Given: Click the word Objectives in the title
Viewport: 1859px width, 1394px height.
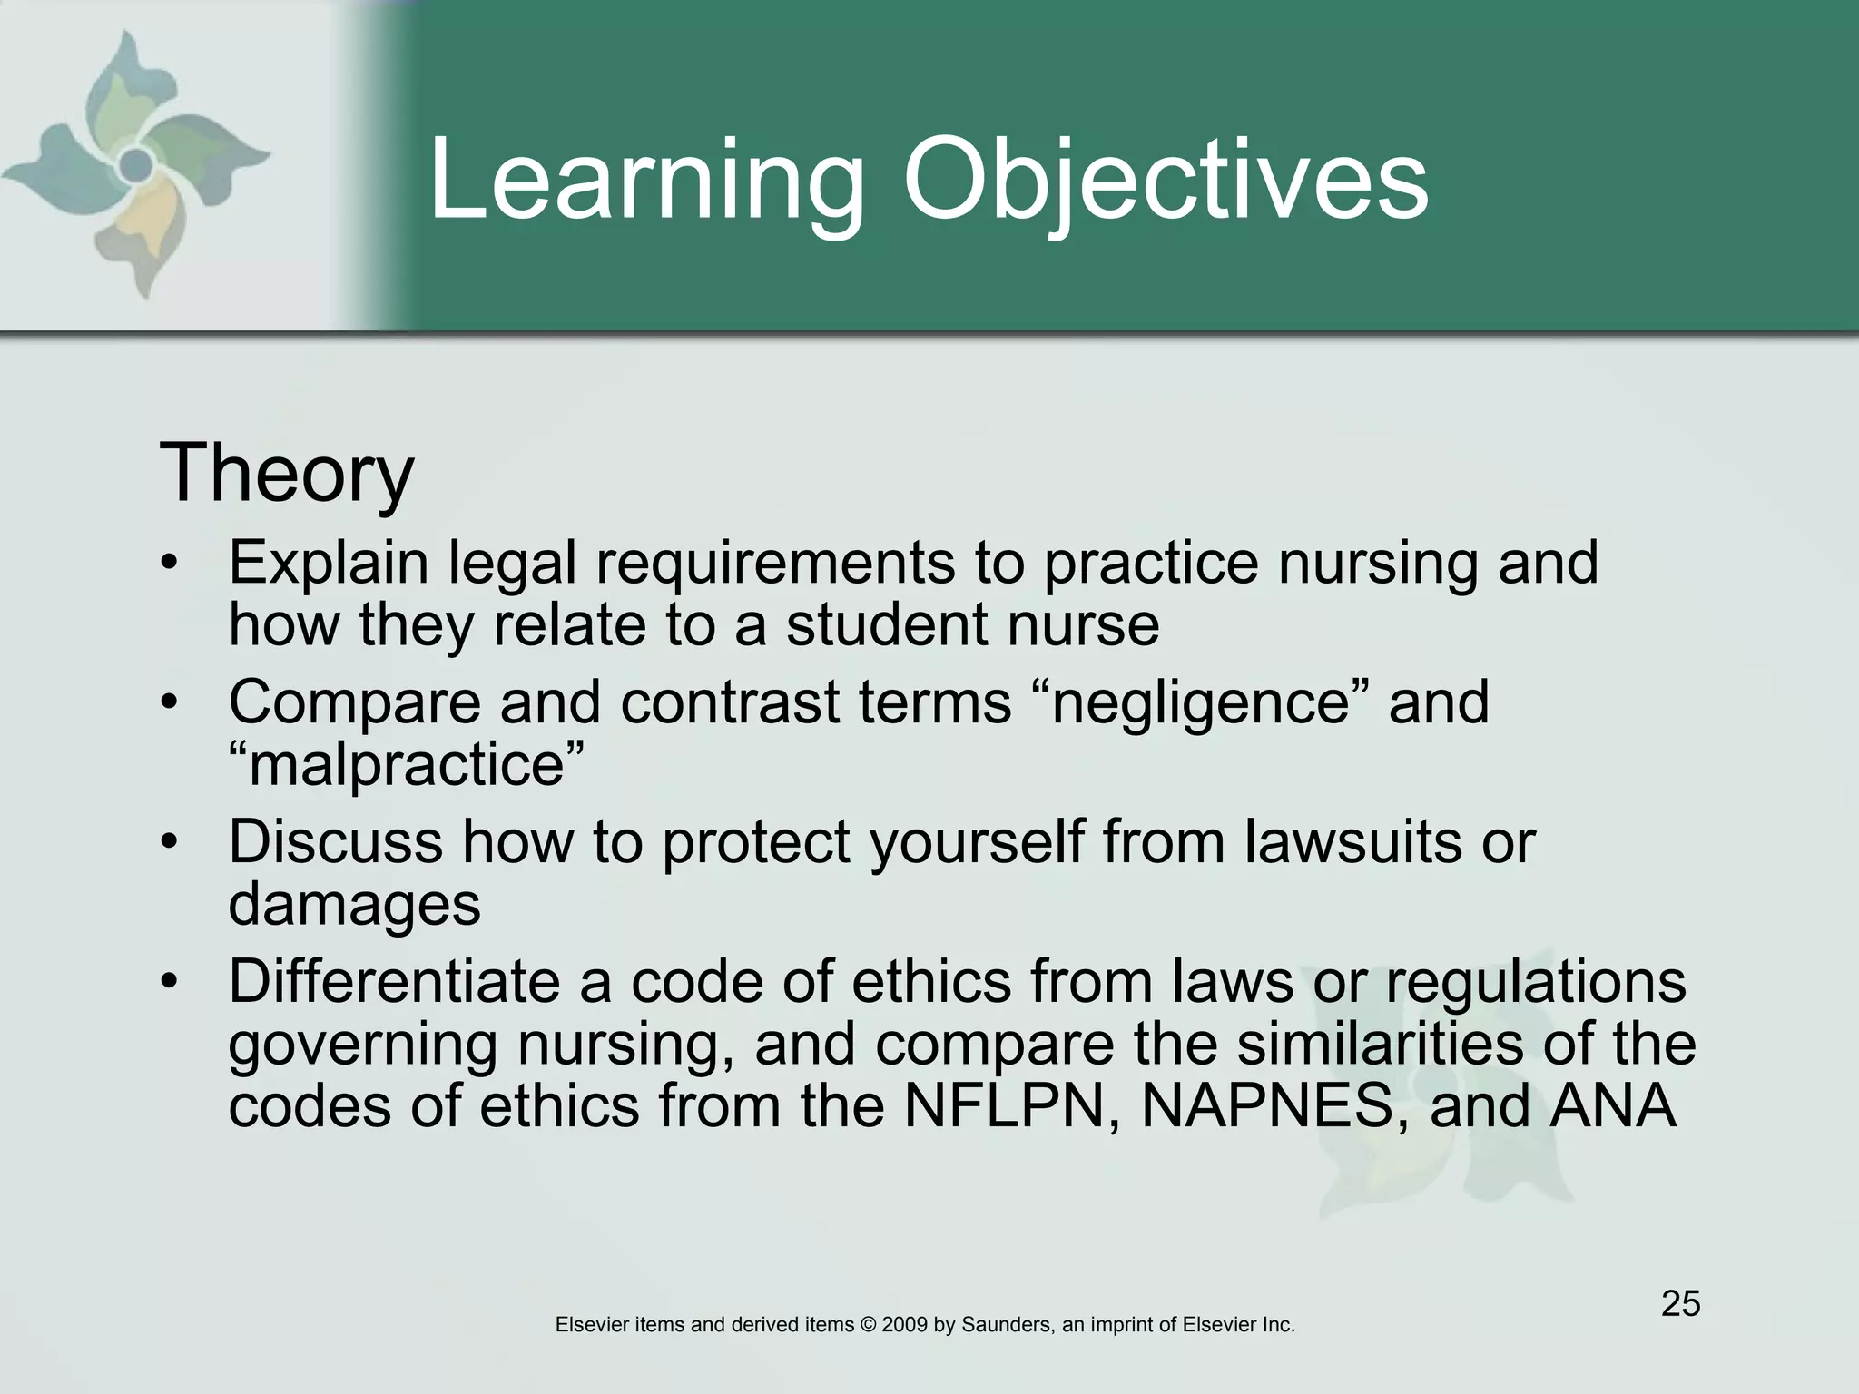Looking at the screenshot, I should tap(1165, 182).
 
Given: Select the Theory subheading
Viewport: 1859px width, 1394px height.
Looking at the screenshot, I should tap(286, 474).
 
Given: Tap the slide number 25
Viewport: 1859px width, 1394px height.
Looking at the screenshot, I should tap(1680, 1303).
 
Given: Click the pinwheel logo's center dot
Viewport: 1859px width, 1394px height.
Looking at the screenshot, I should tap(135, 165).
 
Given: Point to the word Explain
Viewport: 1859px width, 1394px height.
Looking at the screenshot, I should tap(328, 564).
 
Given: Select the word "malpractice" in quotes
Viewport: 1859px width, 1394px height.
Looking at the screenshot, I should tap(406, 764).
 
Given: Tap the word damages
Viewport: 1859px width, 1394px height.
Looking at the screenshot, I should tap(354, 905).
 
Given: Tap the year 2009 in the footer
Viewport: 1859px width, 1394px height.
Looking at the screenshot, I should tap(904, 1325).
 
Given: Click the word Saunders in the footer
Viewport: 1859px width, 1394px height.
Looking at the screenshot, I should tap(1006, 1325).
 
